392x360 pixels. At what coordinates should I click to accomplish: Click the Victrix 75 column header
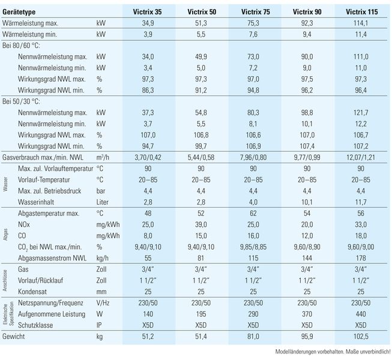click(256, 12)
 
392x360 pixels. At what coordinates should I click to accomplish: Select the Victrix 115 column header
click(362, 12)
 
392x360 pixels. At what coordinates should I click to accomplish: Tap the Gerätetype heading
click(19, 12)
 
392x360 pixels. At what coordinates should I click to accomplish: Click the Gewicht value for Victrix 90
click(307, 336)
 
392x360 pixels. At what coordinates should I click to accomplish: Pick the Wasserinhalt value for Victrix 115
click(361, 202)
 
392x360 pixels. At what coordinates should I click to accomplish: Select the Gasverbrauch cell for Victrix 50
click(201, 157)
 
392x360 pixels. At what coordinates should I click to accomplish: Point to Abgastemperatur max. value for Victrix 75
click(253, 214)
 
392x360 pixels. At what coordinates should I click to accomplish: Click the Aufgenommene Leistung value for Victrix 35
click(148, 314)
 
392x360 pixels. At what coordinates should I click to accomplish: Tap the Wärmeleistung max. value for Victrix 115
click(361, 23)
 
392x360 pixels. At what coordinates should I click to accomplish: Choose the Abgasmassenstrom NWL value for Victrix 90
click(307, 258)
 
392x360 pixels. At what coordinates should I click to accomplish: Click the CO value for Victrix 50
click(201, 236)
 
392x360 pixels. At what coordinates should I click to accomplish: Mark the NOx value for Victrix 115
click(361, 224)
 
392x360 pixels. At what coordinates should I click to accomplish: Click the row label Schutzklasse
click(35, 325)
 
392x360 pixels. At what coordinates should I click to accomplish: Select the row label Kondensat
click(32, 292)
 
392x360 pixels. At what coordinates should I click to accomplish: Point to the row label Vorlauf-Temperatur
click(44, 180)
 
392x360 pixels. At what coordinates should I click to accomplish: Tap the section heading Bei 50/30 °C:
click(21, 101)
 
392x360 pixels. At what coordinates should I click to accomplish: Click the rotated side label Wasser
click(5, 184)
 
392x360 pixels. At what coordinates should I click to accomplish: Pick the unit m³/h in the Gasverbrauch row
click(103, 157)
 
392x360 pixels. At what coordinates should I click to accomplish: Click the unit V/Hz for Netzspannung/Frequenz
click(103, 303)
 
